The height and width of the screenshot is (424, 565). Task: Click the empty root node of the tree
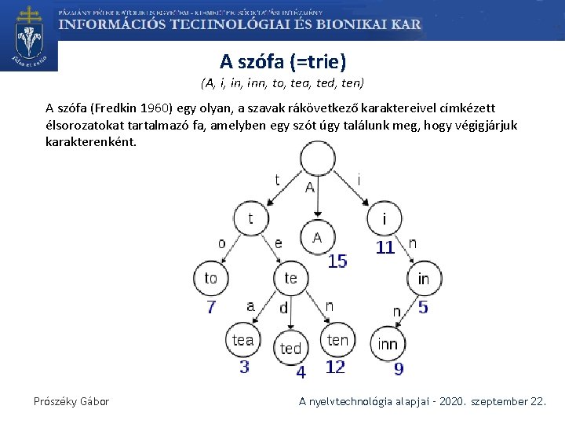(x=316, y=165)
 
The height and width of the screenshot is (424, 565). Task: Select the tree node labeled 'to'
(x=210, y=277)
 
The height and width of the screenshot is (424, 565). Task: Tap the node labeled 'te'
(x=290, y=277)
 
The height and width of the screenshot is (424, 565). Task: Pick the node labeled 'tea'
(x=242, y=339)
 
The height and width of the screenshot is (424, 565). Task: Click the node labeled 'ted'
(x=291, y=347)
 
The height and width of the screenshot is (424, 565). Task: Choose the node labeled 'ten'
(x=337, y=339)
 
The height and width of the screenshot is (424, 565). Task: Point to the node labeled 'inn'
(x=387, y=343)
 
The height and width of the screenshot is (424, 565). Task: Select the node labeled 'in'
(x=423, y=279)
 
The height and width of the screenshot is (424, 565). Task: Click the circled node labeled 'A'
(x=317, y=237)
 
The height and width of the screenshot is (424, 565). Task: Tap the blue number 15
(x=337, y=261)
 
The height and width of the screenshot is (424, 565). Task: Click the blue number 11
(x=385, y=247)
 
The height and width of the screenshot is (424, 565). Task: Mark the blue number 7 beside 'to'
(x=211, y=307)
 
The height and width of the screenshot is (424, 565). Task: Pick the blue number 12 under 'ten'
(x=335, y=367)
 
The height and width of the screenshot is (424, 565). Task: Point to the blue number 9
(x=399, y=368)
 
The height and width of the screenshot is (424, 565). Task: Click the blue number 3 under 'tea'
(x=244, y=367)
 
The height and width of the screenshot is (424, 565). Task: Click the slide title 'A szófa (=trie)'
(x=282, y=61)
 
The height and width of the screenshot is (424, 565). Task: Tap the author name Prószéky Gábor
(x=71, y=401)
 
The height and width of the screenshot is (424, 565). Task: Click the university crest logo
(x=30, y=36)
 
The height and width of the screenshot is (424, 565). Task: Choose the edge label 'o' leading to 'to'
(x=222, y=243)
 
